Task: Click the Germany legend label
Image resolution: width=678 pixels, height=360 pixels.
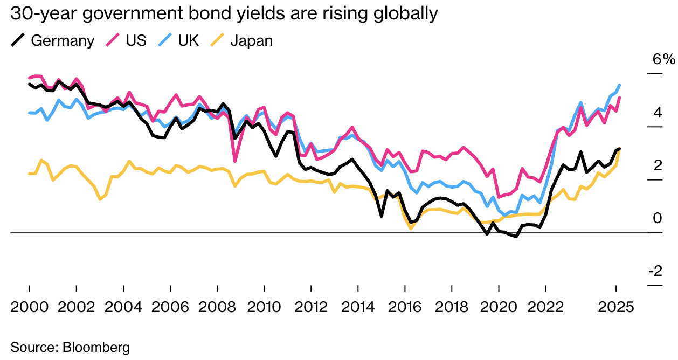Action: (x=63, y=41)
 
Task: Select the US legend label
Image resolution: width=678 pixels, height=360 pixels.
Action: (x=136, y=40)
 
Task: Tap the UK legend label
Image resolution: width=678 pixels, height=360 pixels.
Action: (x=188, y=40)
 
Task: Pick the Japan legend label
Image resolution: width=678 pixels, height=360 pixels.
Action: (x=252, y=41)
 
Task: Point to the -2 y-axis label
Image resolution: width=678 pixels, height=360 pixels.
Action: (x=655, y=271)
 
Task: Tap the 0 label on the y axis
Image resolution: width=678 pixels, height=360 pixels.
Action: (x=658, y=218)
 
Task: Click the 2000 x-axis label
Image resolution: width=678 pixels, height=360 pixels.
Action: (x=29, y=307)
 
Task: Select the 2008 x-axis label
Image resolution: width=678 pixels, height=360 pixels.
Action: (x=217, y=307)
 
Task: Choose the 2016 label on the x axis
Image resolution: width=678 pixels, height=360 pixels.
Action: (x=405, y=307)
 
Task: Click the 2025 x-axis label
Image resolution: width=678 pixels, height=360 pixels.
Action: (x=615, y=307)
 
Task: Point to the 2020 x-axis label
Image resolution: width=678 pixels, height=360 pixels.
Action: (x=499, y=307)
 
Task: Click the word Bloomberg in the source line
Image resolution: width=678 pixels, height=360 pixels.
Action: (x=96, y=347)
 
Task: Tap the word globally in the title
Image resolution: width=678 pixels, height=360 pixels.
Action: (x=406, y=13)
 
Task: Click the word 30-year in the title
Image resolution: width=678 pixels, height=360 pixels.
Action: (x=43, y=13)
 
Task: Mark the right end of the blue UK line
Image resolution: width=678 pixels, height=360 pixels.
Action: (x=620, y=85)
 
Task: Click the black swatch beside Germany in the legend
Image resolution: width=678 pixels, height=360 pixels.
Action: (x=18, y=40)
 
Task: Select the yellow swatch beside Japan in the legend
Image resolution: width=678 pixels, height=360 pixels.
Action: (x=217, y=40)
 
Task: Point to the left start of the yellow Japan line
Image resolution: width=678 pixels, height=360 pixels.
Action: (x=29, y=174)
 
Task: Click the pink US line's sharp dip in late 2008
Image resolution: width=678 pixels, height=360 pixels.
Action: (x=235, y=161)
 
